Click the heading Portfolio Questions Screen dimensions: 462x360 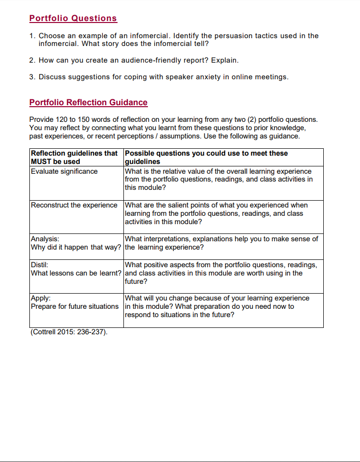coord(73,18)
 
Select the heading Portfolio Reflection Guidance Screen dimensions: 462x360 coord(88,102)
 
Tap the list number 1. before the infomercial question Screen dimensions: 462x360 coord(32,36)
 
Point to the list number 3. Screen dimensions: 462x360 coord(32,77)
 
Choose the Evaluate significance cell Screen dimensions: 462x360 coord(64,171)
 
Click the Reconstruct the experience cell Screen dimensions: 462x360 coord(74,205)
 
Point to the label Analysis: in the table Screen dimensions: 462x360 coord(45,239)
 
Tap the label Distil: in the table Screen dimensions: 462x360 coord(39,265)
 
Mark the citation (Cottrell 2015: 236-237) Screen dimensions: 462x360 coord(69,332)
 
